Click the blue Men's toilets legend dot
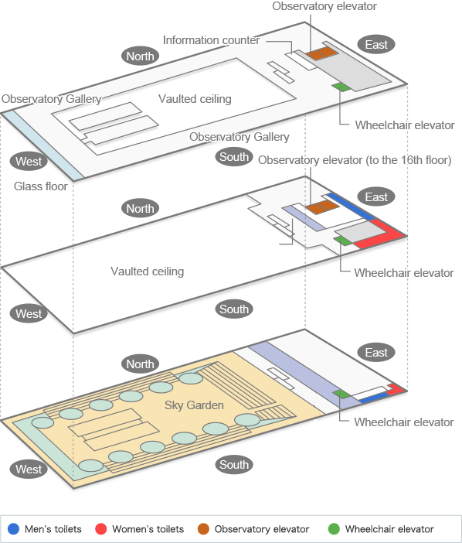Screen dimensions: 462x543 (13, 529)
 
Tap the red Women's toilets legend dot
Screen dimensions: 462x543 (101, 529)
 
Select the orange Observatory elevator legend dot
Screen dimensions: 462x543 (203, 529)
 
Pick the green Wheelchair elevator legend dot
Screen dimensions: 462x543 (334, 529)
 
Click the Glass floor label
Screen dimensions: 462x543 (40, 186)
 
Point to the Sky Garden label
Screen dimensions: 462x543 (194, 405)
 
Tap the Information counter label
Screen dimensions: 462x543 (211, 40)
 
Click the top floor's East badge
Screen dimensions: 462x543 (376, 45)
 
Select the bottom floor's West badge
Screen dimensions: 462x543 (29, 470)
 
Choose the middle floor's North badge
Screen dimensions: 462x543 (140, 209)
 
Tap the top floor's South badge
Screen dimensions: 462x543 (234, 157)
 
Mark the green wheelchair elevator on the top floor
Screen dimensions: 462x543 (341, 87)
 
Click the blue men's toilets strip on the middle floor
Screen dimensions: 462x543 (351, 207)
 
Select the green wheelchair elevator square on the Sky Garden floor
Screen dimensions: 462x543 (341, 394)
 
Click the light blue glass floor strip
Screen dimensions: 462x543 (42, 145)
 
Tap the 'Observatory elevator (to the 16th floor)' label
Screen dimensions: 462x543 (355, 160)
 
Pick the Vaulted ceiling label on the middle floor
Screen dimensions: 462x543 (147, 271)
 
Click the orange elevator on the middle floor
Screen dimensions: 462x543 (322, 207)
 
